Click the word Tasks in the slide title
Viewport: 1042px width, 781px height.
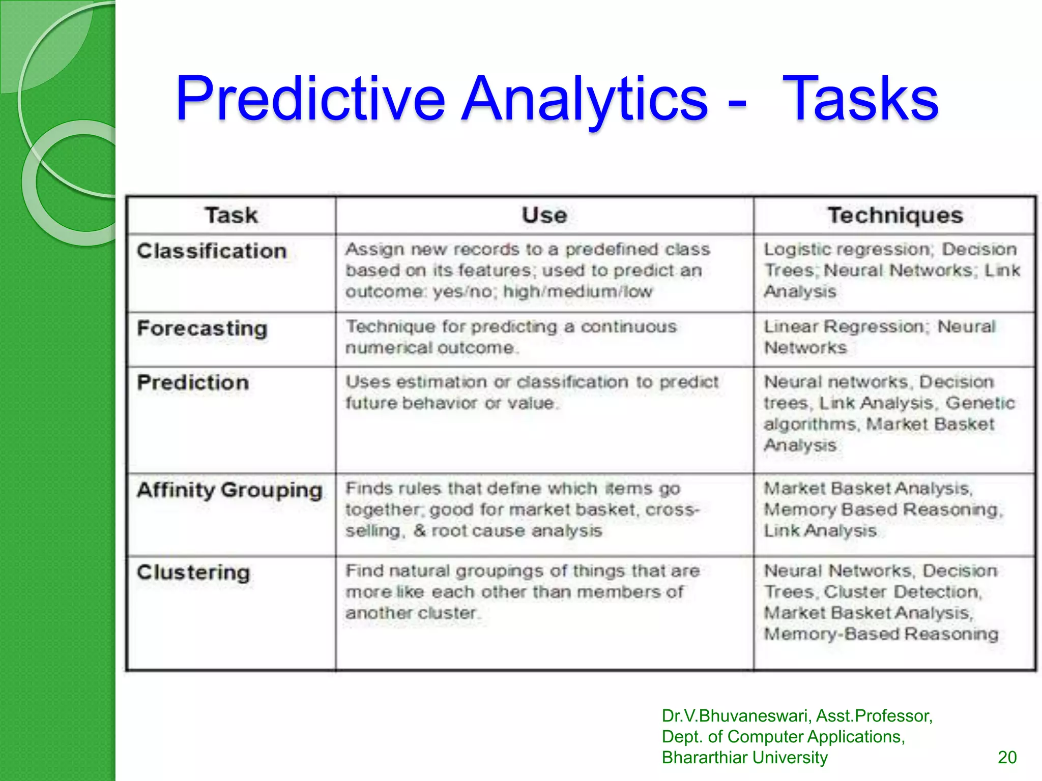[860, 99]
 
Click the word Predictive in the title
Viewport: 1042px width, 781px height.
[310, 99]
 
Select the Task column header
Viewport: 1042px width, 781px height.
[231, 215]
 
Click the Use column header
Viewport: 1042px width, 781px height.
[544, 215]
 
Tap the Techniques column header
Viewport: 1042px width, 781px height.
[895, 215]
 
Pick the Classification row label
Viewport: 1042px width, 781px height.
[212, 251]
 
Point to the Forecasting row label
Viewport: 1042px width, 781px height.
[202, 328]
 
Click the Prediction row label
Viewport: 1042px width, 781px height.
[193, 382]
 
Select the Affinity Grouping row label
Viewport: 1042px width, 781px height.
[229, 490]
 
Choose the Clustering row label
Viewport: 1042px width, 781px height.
[193, 573]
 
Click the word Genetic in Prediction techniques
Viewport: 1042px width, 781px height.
[980, 403]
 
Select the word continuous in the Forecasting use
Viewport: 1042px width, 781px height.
[629, 326]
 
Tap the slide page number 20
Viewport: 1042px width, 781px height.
[1007, 757]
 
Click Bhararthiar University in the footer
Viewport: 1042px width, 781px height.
[744, 757]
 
